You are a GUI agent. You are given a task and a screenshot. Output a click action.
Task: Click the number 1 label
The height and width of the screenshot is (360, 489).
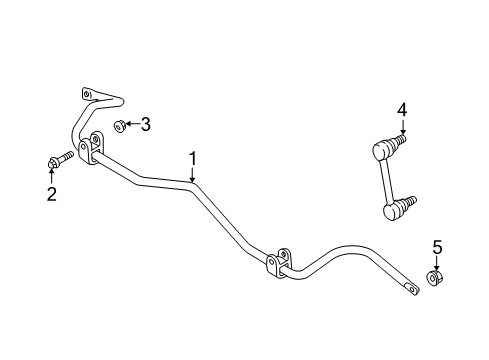pos(194,158)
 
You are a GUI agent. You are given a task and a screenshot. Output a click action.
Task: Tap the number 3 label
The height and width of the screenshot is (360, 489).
pos(146,124)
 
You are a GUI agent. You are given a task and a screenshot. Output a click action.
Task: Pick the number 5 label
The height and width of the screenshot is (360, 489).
pos(436,246)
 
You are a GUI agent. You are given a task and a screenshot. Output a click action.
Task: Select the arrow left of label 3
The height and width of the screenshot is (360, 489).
pos(131,125)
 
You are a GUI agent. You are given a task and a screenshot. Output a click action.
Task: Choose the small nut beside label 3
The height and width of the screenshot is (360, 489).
pos(118,125)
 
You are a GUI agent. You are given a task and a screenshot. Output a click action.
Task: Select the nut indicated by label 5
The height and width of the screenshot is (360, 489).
pos(436,278)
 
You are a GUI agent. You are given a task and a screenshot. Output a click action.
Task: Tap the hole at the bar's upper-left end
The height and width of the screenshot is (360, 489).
pos(87,95)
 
